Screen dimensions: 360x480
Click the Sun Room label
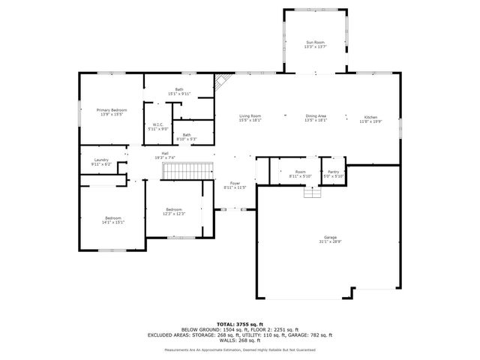(x=315, y=44)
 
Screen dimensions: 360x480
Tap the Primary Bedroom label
(x=112, y=112)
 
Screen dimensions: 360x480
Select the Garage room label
(x=330, y=239)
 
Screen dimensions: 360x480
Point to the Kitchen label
(x=371, y=119)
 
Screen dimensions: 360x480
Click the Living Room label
(x=250, y=118)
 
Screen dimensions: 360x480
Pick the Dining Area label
(x=316, y=118)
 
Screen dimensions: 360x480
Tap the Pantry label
(x=334, y=174)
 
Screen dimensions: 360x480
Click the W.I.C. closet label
(x=158, y=127)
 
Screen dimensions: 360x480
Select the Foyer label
(x=234, y=184)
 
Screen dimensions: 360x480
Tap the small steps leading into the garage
(x=311, y=192)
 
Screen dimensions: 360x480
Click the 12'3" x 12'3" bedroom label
(x=173, y=211)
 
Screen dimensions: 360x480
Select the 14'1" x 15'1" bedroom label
(x=113, y=220)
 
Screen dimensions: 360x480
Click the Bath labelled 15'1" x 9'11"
(x=179, y=91)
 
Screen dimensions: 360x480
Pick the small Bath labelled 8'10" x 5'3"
(x=186, y=137)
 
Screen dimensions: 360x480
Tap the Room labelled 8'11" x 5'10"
(x=300, y=174)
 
